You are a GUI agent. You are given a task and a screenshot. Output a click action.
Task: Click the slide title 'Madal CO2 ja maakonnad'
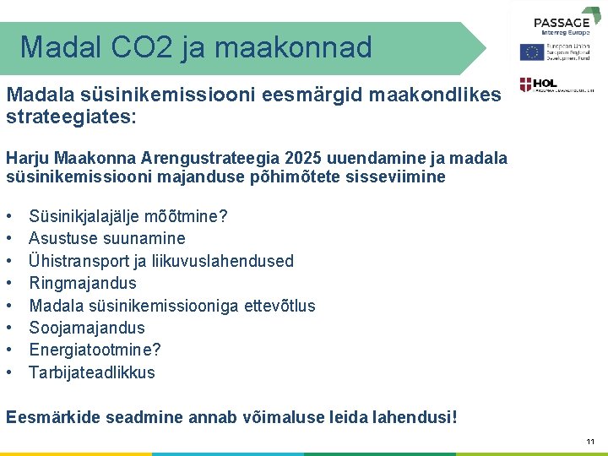coord(196,47)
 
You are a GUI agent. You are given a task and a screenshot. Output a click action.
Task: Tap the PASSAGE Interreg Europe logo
coord(562,24)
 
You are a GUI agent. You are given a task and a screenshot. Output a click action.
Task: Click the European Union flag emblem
coord(531,52)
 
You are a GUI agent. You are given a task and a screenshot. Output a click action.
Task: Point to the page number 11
coord(589,441)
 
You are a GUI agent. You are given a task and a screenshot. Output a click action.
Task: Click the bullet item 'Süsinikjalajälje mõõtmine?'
coord(128,216)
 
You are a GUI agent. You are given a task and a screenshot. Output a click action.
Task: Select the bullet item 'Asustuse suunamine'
coord(107,238)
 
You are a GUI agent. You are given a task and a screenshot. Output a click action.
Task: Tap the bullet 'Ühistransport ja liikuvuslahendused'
coord(161,261)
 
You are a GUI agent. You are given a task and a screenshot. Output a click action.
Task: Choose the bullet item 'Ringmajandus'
coord(83,283)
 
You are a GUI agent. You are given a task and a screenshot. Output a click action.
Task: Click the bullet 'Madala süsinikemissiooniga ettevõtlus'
coord(172,306)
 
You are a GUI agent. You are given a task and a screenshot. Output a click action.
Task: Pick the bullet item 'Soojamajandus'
coord(87,328)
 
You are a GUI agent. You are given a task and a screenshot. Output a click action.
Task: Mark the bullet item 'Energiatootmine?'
coord(95,350)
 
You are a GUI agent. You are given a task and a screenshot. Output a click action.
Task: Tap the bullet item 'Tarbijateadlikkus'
coord(92,372)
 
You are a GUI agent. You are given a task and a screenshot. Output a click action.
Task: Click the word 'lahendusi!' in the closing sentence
coord(416,416)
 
